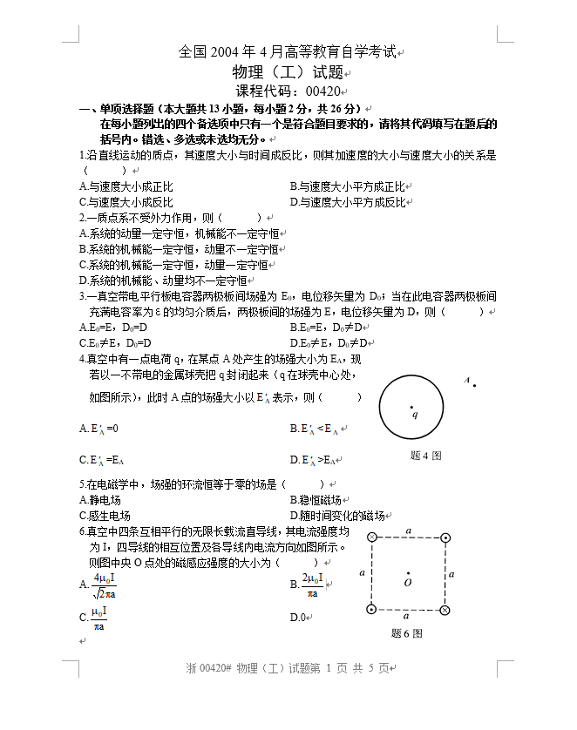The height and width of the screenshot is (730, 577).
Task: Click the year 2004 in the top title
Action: tap(224, 52)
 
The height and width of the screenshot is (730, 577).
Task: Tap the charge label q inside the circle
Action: tap(415, 414)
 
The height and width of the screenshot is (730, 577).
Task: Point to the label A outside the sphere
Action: tap(466, 381)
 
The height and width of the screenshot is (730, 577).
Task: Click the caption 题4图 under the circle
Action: tap(425, 455)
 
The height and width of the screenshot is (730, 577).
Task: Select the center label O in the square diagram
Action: tap(408, 582)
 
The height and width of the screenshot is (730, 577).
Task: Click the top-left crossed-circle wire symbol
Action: tap(372, 537)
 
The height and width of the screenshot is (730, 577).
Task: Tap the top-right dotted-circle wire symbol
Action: tap(445, 537)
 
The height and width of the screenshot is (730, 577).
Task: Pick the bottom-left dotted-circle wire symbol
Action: tap(372, 609)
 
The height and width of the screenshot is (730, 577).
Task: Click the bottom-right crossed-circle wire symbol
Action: tap(445, 609)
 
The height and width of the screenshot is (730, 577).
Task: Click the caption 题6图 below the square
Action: tap(407, 633)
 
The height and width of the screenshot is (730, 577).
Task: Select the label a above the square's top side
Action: tap(408, 529)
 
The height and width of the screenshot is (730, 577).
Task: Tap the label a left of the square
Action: tap(362, 572)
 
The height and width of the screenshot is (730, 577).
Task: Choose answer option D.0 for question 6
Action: tap(298, 618)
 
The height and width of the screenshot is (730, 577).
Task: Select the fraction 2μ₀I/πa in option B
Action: tap(312, 585)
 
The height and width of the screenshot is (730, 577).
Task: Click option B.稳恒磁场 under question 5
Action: tap(315, 500)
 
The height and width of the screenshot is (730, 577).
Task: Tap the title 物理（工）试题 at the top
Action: tap(288, 71)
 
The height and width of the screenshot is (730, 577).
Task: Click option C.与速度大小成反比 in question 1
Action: tap(126, 202)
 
